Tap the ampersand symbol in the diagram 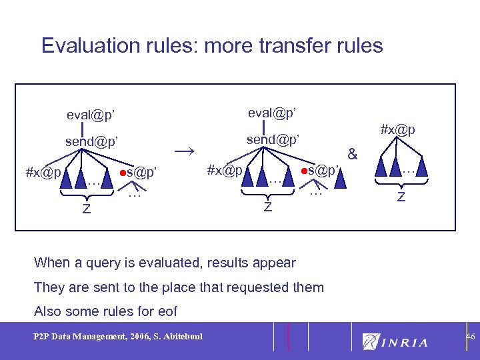click(x=353, y=155)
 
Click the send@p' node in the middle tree click(x=273, y=140)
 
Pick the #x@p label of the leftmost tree click(x=43, y=172)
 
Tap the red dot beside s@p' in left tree click(x=123, y=173)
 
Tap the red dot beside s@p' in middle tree click(x=303, y=171)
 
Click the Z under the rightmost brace click(x=401, y=197)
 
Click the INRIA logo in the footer click(x=395, y=341)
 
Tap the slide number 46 click(x=469, y=338)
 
